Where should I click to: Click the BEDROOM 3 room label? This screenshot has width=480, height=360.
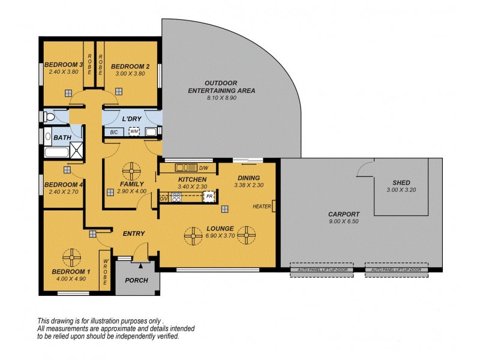pos(63,65)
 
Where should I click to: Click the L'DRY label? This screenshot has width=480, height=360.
pos(131,119)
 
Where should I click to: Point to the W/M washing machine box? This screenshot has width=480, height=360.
pos(134,131)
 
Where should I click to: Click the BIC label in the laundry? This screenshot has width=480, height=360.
pos(113,131)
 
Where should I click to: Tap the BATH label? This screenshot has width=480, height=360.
pos(62,137)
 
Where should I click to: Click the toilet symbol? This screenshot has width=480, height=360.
pos(49,117)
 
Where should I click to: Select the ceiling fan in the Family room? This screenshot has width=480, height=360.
pos(131,169)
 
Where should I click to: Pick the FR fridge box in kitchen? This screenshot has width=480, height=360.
pos(209,196)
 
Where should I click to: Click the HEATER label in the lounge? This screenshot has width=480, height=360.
pos(262,207)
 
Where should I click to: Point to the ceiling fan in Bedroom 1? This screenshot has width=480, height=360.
pos(71,257)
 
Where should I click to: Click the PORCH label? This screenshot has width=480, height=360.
pos(137,281)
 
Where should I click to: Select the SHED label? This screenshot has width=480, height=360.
pos(401,183)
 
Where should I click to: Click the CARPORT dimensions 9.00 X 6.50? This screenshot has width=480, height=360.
pos(343,221)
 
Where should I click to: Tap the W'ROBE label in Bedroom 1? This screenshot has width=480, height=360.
pos(105,272)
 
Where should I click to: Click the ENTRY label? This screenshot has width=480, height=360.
pos(133,233)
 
